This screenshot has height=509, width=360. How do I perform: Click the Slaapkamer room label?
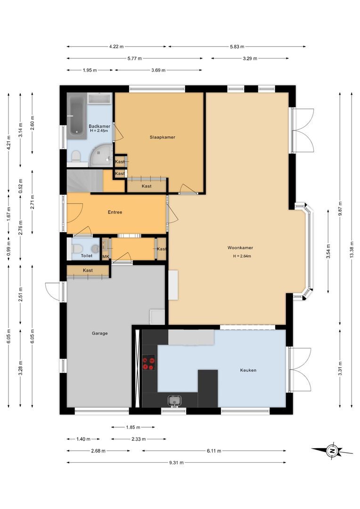click(x=162, y=137)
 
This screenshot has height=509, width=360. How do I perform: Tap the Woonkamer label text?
click(x=240, y=248)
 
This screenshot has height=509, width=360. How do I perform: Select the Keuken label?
click(x=248, y=370)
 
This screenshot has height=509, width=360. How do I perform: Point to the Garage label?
click(x=99, y=333)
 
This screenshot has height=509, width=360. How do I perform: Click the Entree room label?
click(x=115, y=212)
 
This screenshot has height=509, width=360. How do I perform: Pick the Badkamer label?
click(x=99, y=126)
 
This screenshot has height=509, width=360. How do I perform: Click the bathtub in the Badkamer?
click(x=77, y=116)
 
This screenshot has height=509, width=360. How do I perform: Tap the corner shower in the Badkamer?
click(x=101, y=154)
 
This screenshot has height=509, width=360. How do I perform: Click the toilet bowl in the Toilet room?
click(x=77, y=249)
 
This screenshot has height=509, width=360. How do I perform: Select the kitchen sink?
click(x=175, y=401)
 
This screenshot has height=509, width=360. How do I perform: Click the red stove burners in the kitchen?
click(x=149, y=363)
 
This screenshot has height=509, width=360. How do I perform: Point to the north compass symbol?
click(x=332, y=451)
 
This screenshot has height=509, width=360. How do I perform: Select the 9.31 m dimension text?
click(x=176, y=463)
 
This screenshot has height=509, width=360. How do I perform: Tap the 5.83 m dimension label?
click(x=237, y=47)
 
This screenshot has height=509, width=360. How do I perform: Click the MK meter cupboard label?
click(x=106, y=257)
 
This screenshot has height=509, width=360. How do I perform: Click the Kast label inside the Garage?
click(x=88, y=271)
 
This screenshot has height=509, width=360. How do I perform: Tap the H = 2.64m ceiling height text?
click(x=242, y=256)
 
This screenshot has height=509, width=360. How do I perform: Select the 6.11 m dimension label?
click(x=214, y=451)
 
